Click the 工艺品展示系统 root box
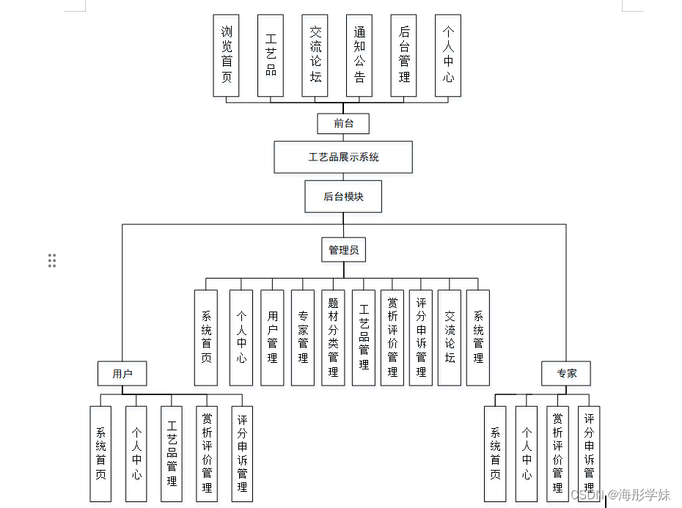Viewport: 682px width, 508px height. [343, 158]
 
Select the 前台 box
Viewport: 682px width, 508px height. [343, 123]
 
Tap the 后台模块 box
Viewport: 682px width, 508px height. [343, 196]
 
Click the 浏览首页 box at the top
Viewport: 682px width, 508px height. [226, 55]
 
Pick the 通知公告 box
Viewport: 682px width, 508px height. [359, 55]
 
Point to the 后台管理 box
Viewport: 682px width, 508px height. [404, 55]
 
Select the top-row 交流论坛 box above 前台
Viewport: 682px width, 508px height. [315, 55]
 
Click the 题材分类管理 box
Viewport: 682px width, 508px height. [333, 338]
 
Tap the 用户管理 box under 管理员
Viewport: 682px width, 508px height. [272, 338]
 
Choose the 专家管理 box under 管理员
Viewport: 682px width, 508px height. [303, 338]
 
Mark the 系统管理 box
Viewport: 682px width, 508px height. [478, 338]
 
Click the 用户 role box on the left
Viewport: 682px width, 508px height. [122, 374]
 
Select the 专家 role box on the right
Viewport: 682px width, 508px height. [566, 374]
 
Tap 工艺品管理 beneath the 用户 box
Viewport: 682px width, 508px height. [172, 454]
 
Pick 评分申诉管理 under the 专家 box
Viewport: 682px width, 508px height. [589, 454]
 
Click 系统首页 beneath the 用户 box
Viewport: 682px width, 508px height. [100, 454]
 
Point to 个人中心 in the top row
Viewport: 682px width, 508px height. [448, 55]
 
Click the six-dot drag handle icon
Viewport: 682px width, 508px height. [52, 260]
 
